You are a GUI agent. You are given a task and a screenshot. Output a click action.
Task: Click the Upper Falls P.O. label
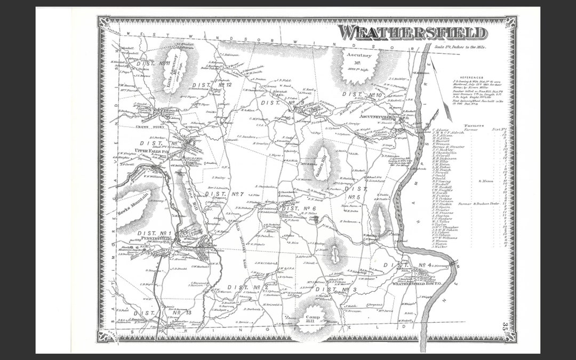[x=155, y=151]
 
